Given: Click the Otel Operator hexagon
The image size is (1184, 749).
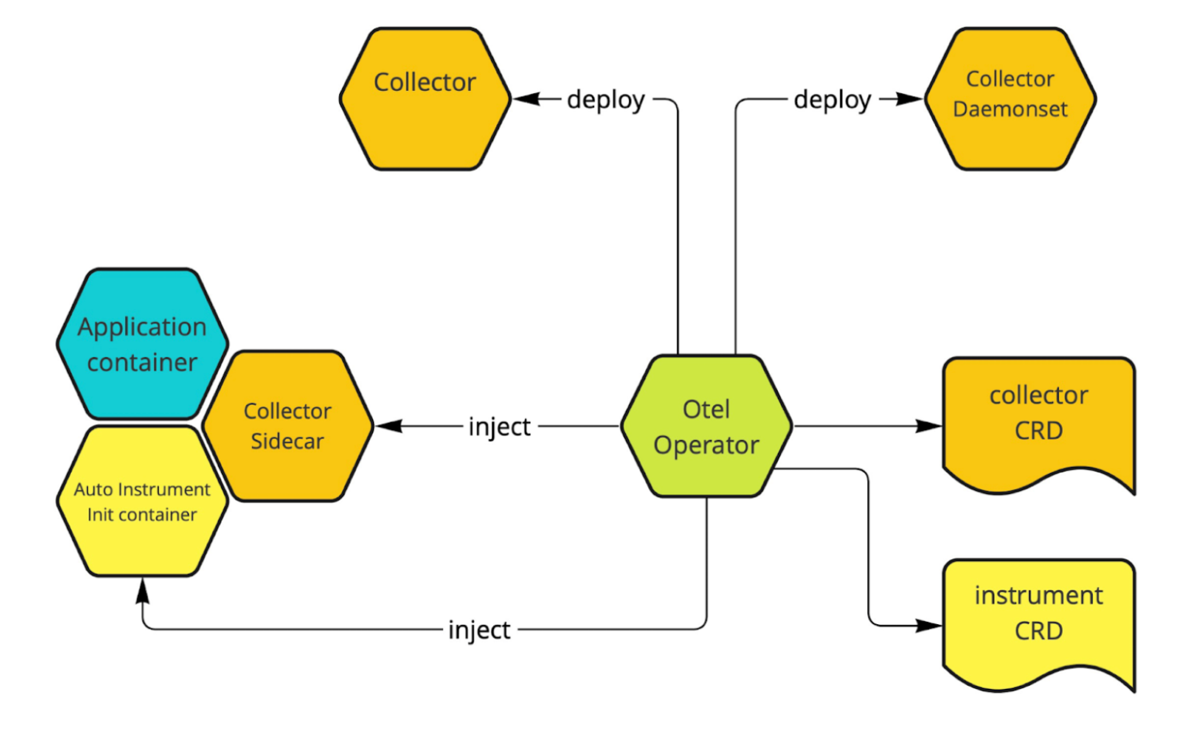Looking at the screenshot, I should [706, 426].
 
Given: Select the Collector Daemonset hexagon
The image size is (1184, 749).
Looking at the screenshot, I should [1010, 99].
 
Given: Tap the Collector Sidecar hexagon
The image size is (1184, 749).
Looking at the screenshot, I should [288, 426].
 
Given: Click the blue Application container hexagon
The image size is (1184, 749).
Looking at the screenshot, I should [143, 344].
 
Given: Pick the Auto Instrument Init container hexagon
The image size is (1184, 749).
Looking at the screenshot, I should [143, 501].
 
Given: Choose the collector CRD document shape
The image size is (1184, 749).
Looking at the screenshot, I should [1038, 420].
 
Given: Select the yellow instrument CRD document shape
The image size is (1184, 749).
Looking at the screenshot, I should [1038, 620].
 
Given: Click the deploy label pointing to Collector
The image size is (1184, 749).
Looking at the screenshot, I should [606, 99].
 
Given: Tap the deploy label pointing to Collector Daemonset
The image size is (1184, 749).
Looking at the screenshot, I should [832, 99].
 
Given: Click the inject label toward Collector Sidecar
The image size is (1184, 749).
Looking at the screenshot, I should [499, 426].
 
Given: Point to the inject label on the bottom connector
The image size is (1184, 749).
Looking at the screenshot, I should [479, 630].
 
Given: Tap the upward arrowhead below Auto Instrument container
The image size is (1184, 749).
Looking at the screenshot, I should [143, 591].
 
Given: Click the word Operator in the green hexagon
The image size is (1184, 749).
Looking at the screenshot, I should [706, 445].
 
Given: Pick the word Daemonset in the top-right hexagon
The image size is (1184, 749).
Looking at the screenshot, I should [1010, 109].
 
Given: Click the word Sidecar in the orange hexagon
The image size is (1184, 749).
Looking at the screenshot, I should [288, 442].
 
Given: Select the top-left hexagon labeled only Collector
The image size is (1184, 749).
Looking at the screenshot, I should [425, 99].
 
